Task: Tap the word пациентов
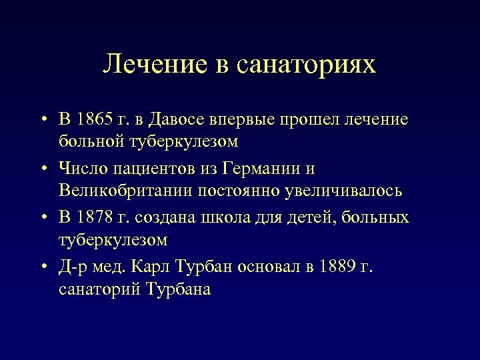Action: (x=142, y=169)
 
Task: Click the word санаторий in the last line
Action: (x=98, y=289)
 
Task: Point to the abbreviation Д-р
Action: (x=73, y=267)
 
